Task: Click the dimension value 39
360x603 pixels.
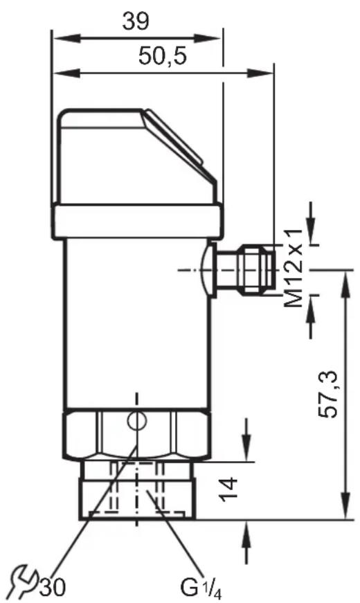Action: tap(136, 21)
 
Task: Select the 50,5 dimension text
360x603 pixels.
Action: tap(162, 56)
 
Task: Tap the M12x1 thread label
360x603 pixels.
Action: tap(294, 269)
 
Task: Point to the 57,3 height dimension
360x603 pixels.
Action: tap(327, 395)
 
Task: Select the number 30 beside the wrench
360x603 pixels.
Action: tap(53, 587)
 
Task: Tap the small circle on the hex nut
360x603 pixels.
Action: tap(137, 420)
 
